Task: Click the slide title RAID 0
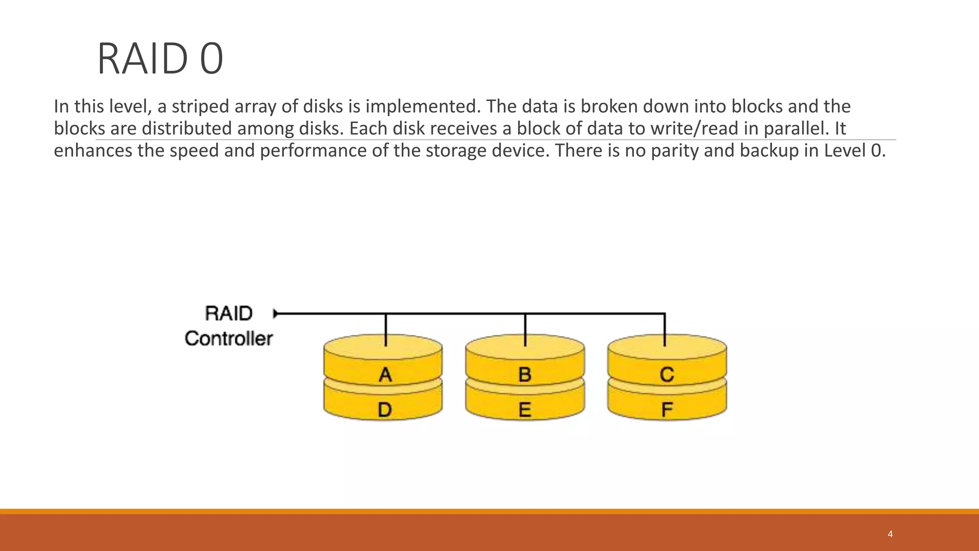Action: pyautogui.click(x=160, y=59)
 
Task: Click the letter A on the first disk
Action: pyautogui.click(x=385, y=375)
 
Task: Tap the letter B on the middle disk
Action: pyautogui.click(x=525, y=375)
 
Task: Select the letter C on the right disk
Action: pyautogui.click(x=667, y=375)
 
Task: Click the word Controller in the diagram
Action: pyautogui.click(x=228, y=339)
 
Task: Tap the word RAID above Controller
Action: pyautogui.click(x=228, y=314)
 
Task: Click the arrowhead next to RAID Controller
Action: pyautogui.click(x=276, y=314)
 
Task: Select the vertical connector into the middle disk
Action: pyautogui.click(x=525, y=330)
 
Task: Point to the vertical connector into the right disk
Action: pyautogui.click(x=665, y=330)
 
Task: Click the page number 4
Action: pyautogui.click(x=890, y=534)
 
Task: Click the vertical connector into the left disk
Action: pyautogui.click(x=386, y=330)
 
